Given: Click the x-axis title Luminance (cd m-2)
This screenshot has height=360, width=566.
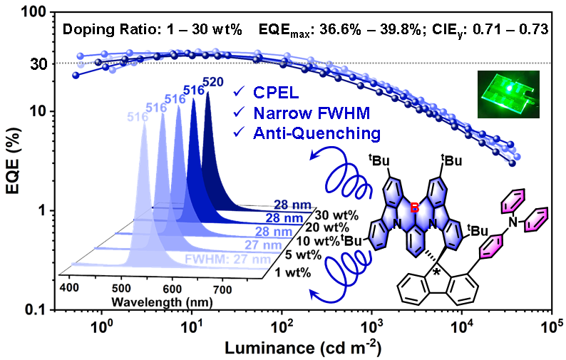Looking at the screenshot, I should [x=303, y=349].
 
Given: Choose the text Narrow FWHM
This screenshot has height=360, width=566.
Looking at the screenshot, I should [x=307, y=113].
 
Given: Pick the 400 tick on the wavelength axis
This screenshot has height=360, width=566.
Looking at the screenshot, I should [x=70, y=287].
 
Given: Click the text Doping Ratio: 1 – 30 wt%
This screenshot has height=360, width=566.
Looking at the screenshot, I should [x=153, y=30].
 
